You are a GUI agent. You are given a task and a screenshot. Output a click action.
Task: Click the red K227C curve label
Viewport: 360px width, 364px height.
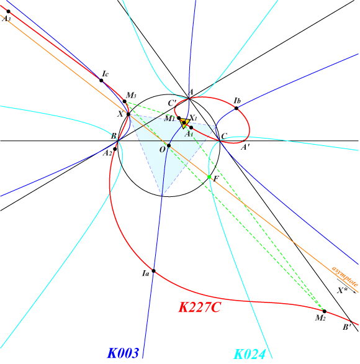tap(199, 307)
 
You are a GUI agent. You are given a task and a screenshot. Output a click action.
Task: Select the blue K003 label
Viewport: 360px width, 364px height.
tap(123, 353)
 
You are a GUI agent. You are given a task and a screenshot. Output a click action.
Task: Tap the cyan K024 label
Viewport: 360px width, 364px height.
tap(250, 355)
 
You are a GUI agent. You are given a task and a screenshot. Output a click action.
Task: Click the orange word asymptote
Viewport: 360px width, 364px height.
tap(345, 276)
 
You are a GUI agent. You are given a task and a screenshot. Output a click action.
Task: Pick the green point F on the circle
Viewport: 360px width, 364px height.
tap(209, 177)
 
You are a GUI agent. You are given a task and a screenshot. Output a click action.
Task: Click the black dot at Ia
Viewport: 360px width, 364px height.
tap(153, 271)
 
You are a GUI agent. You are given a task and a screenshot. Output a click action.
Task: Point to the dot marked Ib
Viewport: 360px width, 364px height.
tap(236, 108)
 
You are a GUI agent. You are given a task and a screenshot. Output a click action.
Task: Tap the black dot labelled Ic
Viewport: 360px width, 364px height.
tap(101, 81)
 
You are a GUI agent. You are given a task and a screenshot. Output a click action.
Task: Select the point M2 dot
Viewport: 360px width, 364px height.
tap(325, 311)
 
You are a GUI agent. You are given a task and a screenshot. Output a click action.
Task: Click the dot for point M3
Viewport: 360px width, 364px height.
tap(125, 101)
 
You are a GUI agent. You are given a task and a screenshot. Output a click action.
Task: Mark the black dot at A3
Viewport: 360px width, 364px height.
tap(9, 11)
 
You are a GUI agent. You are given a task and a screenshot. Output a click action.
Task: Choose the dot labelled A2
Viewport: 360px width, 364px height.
tap(115, 149)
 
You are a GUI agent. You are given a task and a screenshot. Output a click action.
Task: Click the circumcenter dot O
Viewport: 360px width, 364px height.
tap(169, 145)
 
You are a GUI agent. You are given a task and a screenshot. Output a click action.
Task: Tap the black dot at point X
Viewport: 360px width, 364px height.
tap(128, 114)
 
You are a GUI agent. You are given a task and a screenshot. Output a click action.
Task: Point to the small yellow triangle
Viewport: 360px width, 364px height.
tap(184, 123)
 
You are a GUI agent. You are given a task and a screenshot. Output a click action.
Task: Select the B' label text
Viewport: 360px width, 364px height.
tap(347, 327)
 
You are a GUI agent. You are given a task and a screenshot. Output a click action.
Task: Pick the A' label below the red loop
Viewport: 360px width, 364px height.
tap(245, 147)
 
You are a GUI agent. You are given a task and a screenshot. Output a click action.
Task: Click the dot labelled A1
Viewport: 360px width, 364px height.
tap(191, 127)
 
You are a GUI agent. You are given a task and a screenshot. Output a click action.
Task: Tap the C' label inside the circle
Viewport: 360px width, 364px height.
tap(173, 103)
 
